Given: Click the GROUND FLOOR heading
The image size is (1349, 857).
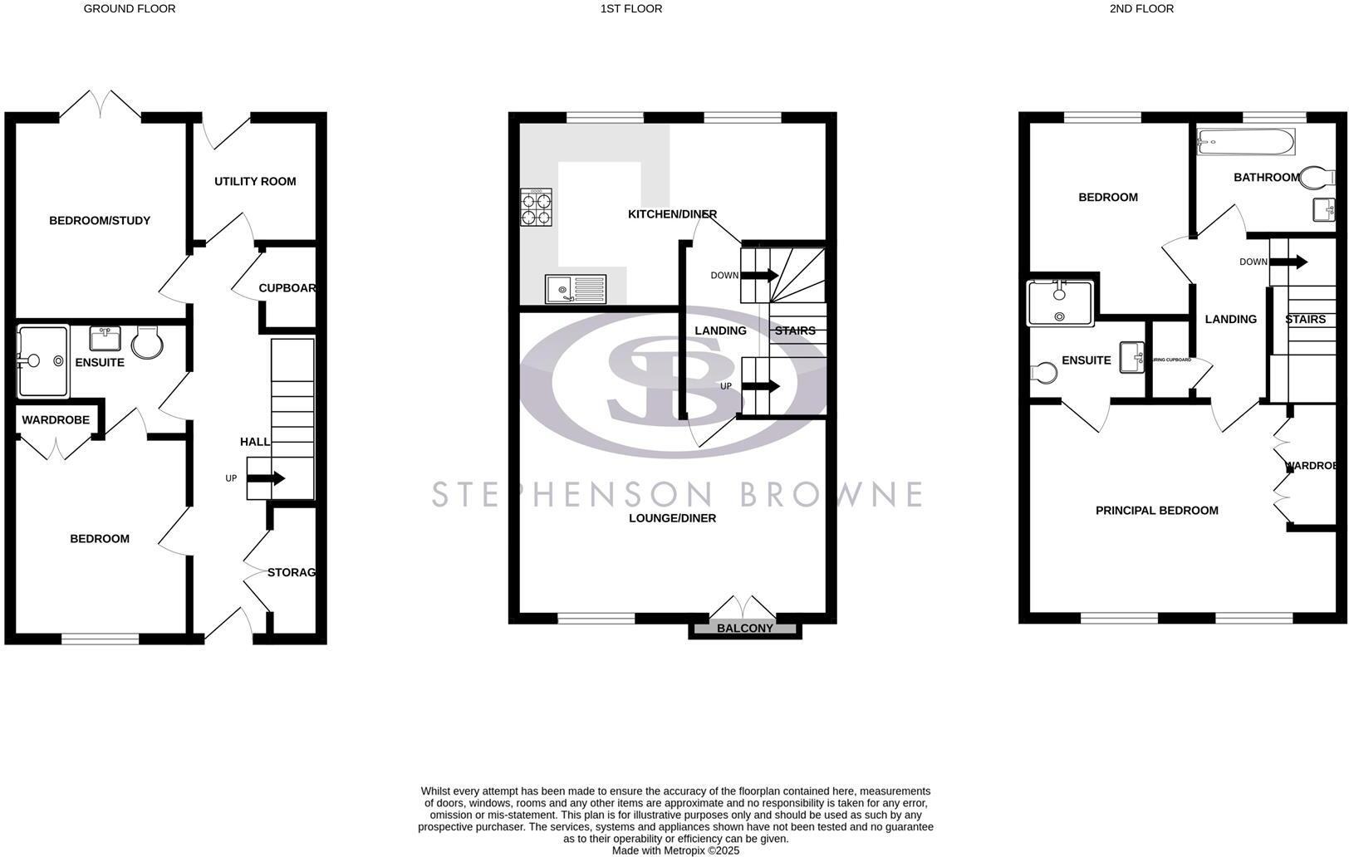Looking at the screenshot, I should [x=130, y=8].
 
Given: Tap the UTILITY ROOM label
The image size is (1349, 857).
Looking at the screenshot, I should [x=255, y=181].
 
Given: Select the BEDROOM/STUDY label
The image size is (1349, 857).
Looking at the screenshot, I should [x=100, y=220].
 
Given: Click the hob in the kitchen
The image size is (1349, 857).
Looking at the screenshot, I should [x=536, y=208].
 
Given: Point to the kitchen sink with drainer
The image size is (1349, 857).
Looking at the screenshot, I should [x=576, y=289].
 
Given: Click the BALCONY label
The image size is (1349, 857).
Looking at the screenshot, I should [x=745, y=629].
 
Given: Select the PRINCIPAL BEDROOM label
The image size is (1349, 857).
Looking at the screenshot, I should [x=1156, y=510].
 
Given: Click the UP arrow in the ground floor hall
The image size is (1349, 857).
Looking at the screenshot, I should [x=267, y=478].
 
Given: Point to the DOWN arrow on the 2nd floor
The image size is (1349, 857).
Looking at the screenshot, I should [x=1288, y=262].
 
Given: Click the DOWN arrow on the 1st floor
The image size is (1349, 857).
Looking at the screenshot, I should [x=760, y=275].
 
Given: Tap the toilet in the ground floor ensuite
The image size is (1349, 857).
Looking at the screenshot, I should [x=146, y=340].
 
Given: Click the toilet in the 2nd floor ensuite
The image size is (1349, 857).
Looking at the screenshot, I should [x=1044, y=372].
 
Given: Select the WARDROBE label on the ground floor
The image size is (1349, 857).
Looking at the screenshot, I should [x=56, y=420].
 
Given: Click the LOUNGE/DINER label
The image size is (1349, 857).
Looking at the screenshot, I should [x=672, y=518].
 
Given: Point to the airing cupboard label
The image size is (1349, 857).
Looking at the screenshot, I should [x=1170, y=360].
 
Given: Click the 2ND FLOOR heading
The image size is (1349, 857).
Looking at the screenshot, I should [x=1141, y=8].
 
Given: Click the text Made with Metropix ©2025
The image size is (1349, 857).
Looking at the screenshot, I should [x=675, y=850].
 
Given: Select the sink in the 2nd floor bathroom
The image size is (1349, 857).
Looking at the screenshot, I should [x=1324, y=209].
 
